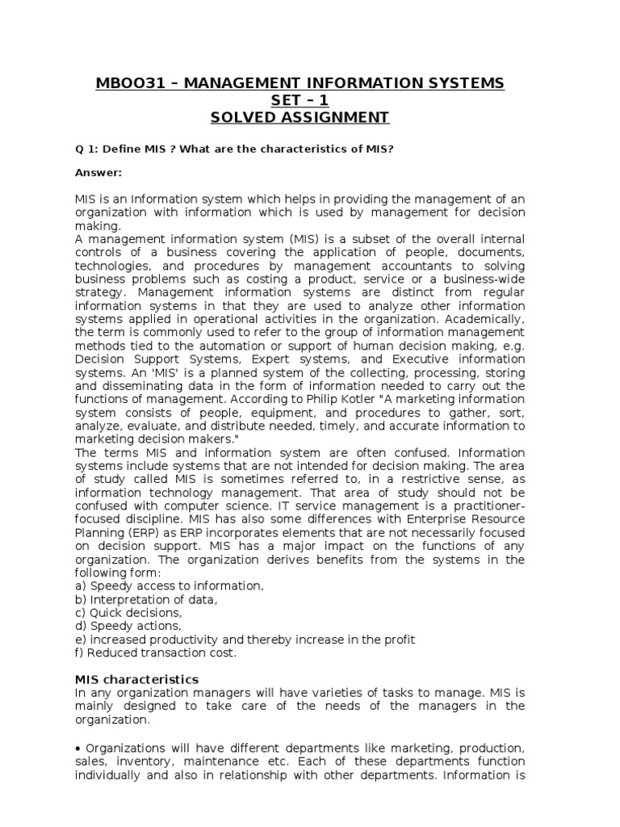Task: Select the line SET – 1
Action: pyautogui.click(x=300, y=100)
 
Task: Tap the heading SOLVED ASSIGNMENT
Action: pyautogui.click(x=300, y=118)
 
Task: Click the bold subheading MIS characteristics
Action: pyautogui.click(x=136, y=679)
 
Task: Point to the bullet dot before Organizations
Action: pyautogui.click(x=78, y=748)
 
